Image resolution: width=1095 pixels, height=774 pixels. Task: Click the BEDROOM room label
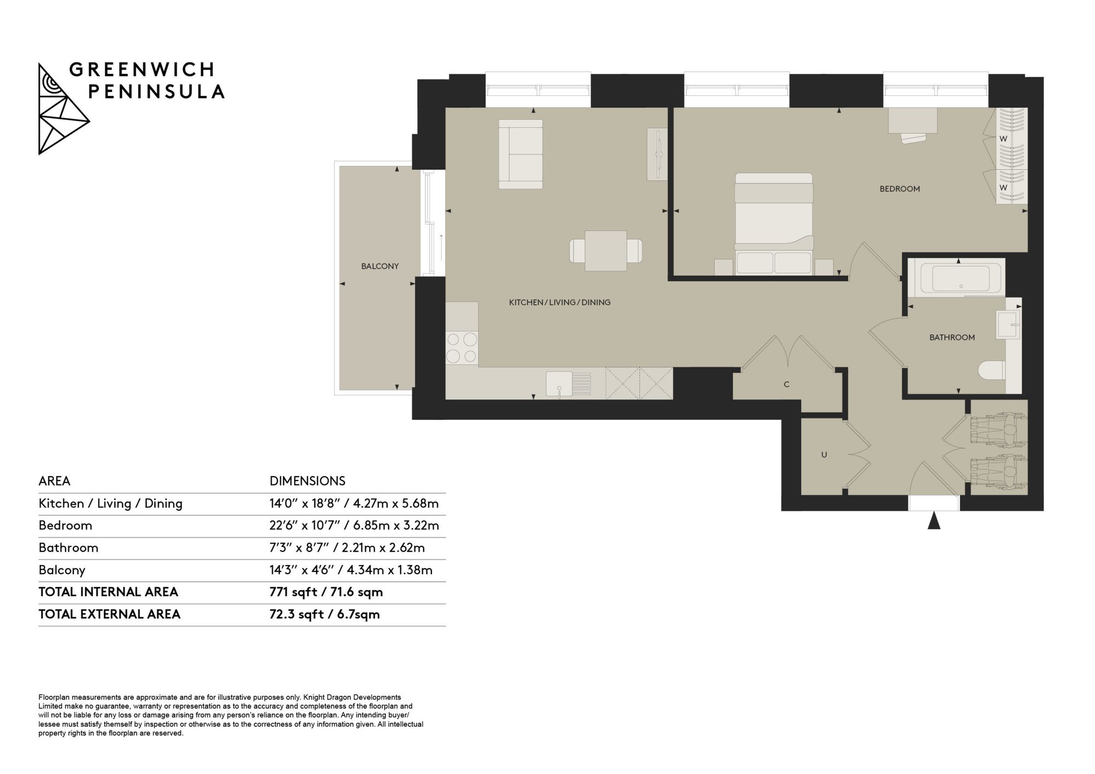900,189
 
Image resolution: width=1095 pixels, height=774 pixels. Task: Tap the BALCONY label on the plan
380,267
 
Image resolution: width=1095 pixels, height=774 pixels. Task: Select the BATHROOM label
952,338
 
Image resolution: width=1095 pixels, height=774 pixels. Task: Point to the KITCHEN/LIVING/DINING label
560,302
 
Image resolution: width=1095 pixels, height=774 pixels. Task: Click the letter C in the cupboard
787,384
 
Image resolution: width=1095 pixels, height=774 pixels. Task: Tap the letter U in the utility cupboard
824,455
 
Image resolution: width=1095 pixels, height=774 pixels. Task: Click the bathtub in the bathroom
956,278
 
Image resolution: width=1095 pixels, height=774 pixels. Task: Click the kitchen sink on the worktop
568,383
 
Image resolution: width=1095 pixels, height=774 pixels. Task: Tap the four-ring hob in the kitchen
462,348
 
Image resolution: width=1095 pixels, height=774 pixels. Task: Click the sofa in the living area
521,154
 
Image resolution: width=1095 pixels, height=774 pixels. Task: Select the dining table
606,251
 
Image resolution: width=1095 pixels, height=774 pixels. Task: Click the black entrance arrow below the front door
934,520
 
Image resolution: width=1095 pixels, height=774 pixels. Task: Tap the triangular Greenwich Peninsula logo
63,109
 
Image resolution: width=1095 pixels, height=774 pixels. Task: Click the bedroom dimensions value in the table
354,526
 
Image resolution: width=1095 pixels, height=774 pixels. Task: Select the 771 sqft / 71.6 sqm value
326,592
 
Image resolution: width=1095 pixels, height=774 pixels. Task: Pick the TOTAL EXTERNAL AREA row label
109,614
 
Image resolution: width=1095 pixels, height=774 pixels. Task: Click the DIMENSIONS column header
307,481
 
